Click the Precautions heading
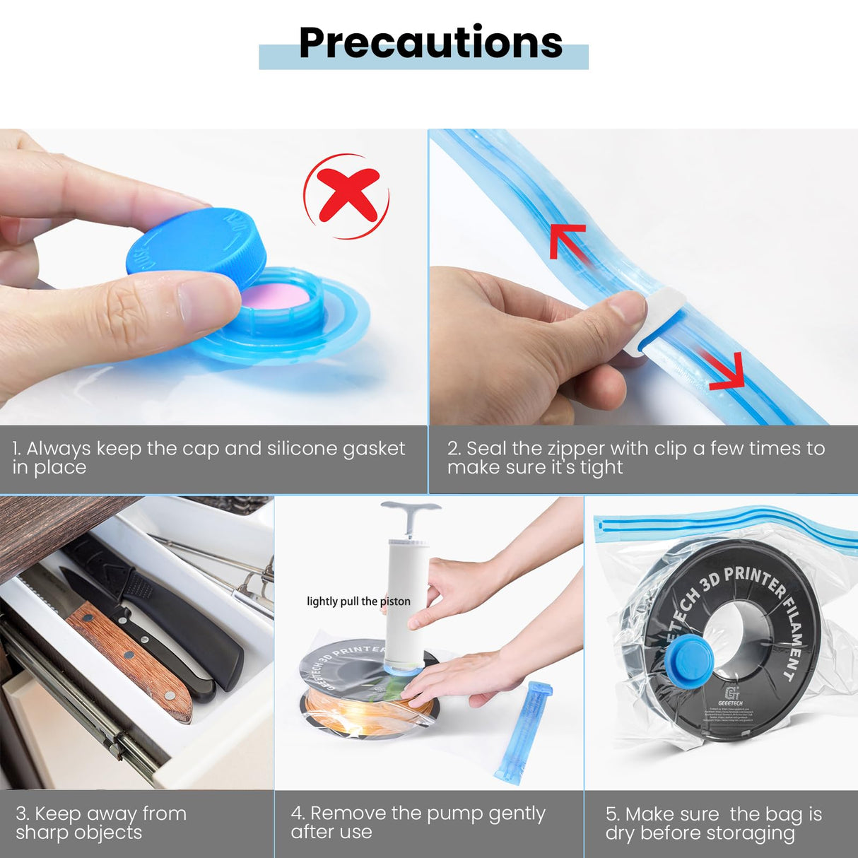point(430,43)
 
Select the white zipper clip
point(654,322)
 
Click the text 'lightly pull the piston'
point(358,601)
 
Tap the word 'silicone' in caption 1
point(302,449)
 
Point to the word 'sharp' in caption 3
point(43,833)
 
